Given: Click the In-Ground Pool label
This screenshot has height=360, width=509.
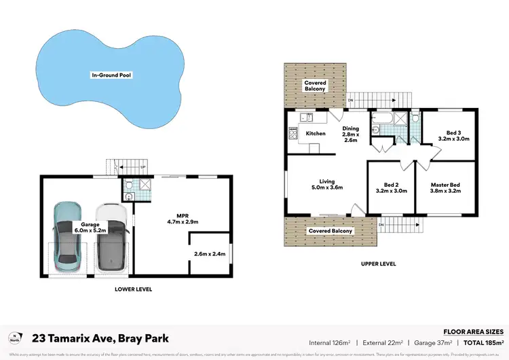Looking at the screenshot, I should (111, 74).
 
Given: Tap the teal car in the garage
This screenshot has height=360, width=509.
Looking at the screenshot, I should (70, 234).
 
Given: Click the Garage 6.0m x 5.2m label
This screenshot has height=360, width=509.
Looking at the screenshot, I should (90, 228).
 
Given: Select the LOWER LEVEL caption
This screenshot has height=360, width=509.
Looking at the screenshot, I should (133, 289).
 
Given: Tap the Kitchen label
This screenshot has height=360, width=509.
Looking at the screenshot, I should (316, 134).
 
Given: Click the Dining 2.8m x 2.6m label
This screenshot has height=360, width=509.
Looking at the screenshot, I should (350, 134).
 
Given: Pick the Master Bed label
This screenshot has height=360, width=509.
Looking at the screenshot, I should (445, 188).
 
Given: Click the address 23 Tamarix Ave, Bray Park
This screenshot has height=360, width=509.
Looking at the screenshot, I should (100, 338).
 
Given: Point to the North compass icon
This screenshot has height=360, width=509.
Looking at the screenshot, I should (14, 338).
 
